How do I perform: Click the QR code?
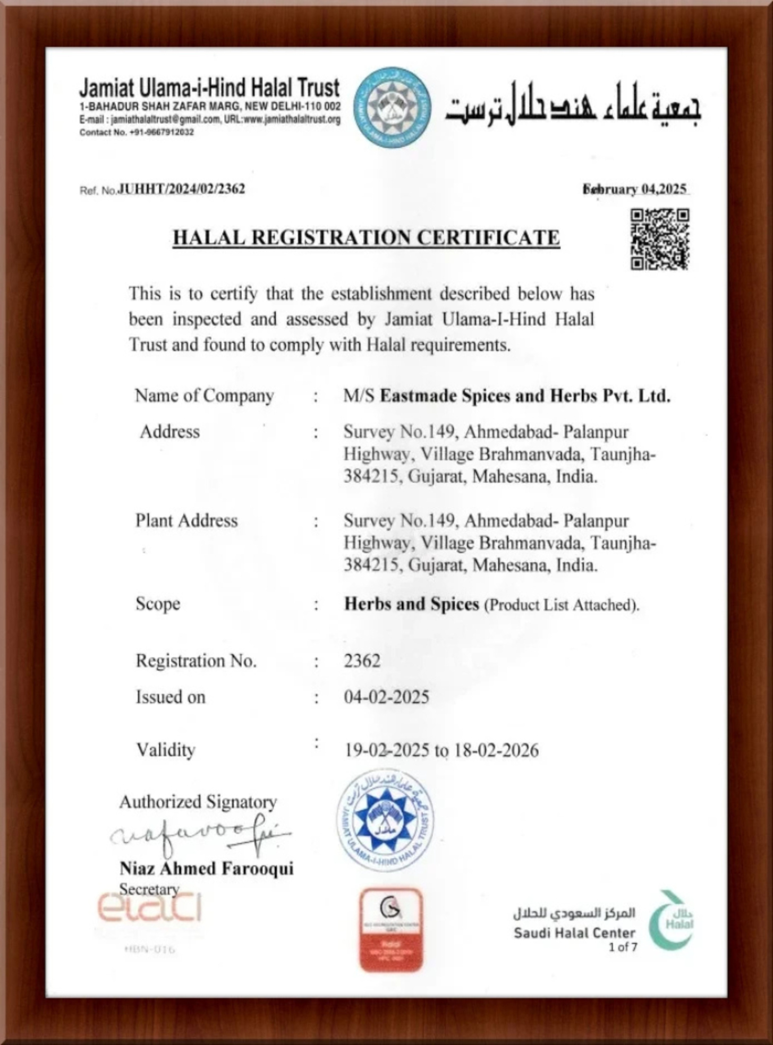[660, 239]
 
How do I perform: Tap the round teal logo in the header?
[393, 108]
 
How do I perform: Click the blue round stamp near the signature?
[385, 821]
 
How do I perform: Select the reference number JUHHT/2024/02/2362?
[181, 189]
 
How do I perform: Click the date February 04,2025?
[635, 189]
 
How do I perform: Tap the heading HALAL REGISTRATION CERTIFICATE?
[366, 237]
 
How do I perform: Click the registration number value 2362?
[362, 661]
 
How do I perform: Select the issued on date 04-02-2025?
[386, 697]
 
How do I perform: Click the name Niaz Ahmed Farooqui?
[206, 869]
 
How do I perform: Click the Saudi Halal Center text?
[574, 933]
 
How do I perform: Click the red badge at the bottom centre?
[392, 930]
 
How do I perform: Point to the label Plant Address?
[186, 520]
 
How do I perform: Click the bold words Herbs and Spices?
[412, 604]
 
